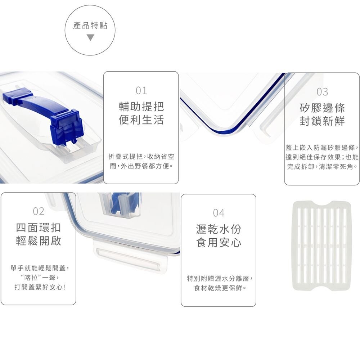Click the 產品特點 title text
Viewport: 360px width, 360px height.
[x=90, y=26]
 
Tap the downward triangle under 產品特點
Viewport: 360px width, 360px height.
[x=90, y=37]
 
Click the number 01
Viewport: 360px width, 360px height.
[x=141, y=91]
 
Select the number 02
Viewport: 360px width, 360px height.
[x=39, y=211]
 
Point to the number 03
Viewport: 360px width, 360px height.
[x=322, y=92]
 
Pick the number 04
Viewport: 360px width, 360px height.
[x=219, y=213]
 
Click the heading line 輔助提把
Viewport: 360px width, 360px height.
[x=141, y=106]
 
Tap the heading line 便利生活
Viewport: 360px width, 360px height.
[x=141, y=120]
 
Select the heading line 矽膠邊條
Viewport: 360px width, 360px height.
[x=322, y=108]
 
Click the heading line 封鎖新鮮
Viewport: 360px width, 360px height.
[x=322, y=121]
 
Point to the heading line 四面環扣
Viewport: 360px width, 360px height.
[x=39, y=228]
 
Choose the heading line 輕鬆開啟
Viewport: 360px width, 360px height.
[x=39, y=241]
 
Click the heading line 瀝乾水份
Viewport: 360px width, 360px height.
[x=219, y=229]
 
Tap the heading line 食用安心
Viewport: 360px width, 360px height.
[x=219, y=243]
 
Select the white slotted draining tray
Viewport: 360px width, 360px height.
[x=321, y=246]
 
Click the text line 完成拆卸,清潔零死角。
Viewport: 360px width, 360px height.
[x=322, y=167]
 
